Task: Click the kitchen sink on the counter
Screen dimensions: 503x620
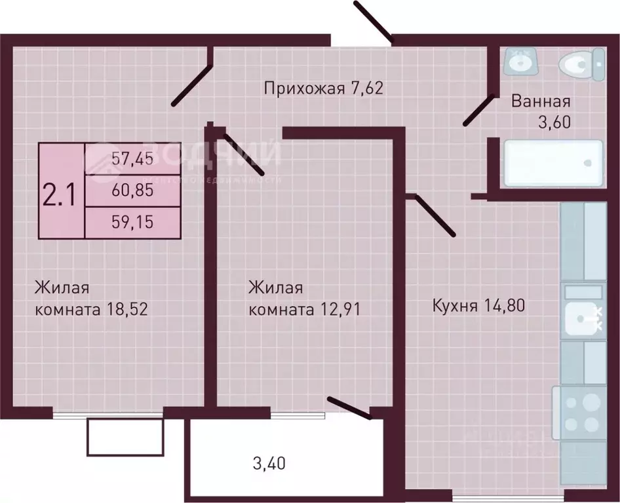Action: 581,319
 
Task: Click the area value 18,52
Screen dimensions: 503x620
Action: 126,309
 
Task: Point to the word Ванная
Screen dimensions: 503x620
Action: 541,102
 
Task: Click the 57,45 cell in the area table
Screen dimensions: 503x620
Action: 132,158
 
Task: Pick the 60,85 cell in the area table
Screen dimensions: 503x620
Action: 132,191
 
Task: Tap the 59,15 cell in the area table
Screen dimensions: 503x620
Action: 132,223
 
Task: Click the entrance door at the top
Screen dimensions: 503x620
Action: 372,20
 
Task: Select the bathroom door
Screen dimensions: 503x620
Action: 478,110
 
